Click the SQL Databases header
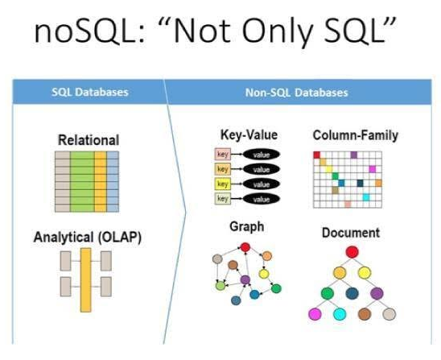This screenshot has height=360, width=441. point(90,93)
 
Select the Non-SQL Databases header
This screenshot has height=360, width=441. point(297,93)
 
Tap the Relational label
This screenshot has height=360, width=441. point(89,140)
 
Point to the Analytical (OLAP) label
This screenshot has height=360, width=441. point(88,237)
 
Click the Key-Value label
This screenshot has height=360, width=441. point(249,134)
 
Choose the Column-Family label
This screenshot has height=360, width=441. point(356,135)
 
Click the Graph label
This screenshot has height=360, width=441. point(247,226)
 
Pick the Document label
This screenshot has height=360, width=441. point(351,233)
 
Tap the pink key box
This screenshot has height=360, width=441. point(223,155)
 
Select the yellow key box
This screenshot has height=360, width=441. point(223,184)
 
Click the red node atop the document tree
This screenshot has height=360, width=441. point(352,252)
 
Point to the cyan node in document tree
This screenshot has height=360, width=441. point(340,314)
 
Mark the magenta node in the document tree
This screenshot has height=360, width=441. point(315,314)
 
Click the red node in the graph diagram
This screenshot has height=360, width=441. point(245,247)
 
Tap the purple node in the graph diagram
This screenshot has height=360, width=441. point(245,279)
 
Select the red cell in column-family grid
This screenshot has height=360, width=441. point(317,155)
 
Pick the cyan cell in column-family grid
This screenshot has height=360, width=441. point(366,197)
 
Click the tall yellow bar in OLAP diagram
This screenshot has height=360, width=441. point(86,280)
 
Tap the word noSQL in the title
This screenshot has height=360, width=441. point(89,31)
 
